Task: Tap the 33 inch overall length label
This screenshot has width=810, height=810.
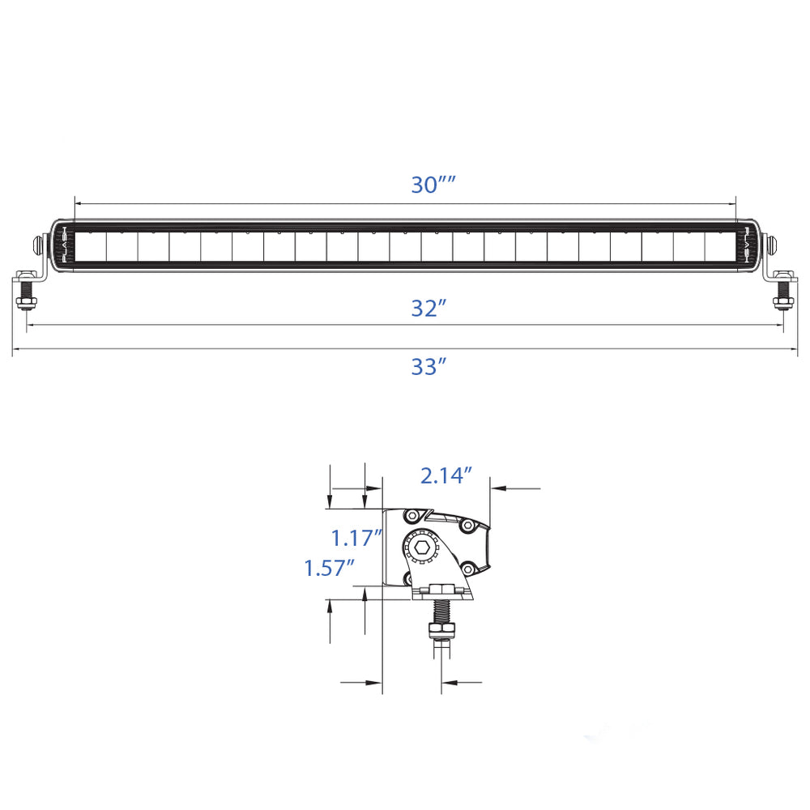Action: click(428, 367)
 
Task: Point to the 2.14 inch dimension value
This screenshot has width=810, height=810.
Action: click(446, 475)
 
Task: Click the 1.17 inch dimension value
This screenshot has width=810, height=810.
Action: click(356, 537)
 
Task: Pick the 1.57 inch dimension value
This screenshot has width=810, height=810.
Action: click(330, 568)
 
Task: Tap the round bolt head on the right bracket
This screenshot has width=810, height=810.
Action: click(773, 244)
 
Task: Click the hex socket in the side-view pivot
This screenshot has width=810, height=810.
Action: click(421, 548)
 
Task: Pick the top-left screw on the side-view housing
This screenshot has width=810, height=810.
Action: click(413, 516)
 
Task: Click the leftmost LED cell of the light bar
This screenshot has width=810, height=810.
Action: click(91, 246)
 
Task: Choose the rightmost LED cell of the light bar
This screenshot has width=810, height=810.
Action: click(719, 246)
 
